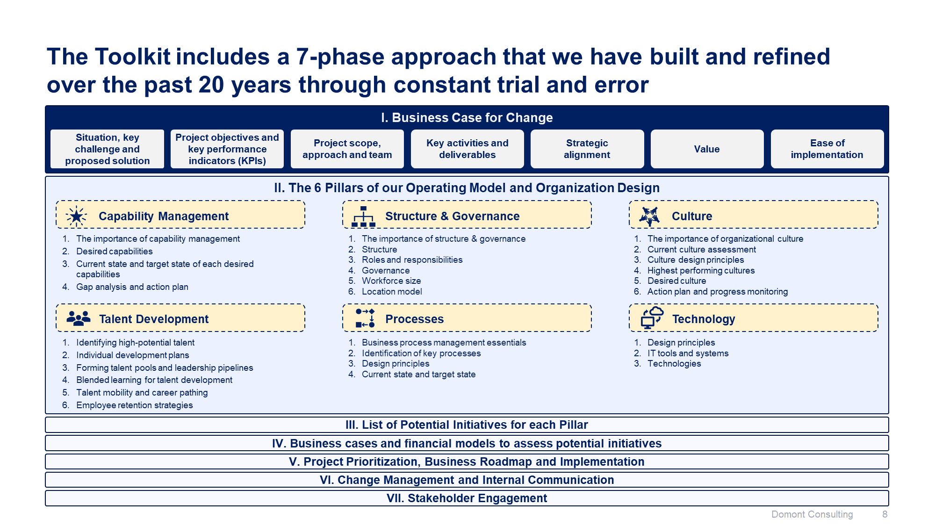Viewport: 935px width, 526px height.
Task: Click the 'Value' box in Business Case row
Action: click(707, 149)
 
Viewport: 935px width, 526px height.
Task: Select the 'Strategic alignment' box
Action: click(587, 149)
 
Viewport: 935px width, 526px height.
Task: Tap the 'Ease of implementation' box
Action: click(827, 149)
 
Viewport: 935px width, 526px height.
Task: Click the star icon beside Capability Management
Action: click(76, 216)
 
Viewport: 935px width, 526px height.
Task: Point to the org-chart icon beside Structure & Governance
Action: click(363, 216)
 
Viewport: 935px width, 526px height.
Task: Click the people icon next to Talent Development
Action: click(78, 319)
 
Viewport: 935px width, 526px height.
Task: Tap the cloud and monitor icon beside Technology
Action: click(652, 318)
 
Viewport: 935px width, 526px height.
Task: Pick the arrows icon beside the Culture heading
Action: click(649, 216)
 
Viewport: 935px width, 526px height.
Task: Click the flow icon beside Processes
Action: click(365, 318)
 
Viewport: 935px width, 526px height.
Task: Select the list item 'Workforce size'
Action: click(391, 281)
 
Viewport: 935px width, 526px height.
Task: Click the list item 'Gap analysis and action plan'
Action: click(132, 287)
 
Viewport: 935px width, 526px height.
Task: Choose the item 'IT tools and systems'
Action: click(688, 353)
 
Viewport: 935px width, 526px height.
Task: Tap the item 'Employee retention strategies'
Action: click(135, 405)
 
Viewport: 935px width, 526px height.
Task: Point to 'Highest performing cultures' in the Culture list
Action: click(701, 271)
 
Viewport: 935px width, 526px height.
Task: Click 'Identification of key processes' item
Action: click(421, 353)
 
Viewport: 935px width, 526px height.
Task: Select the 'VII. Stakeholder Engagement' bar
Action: click(467, 498)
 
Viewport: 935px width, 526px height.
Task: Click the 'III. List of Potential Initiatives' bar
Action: click(467, 425)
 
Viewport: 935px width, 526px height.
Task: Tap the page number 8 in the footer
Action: click(885, 514)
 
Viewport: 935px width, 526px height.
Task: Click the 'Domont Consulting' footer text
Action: click(812, 514)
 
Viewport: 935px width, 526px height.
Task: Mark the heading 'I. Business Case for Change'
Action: click(467, 118)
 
